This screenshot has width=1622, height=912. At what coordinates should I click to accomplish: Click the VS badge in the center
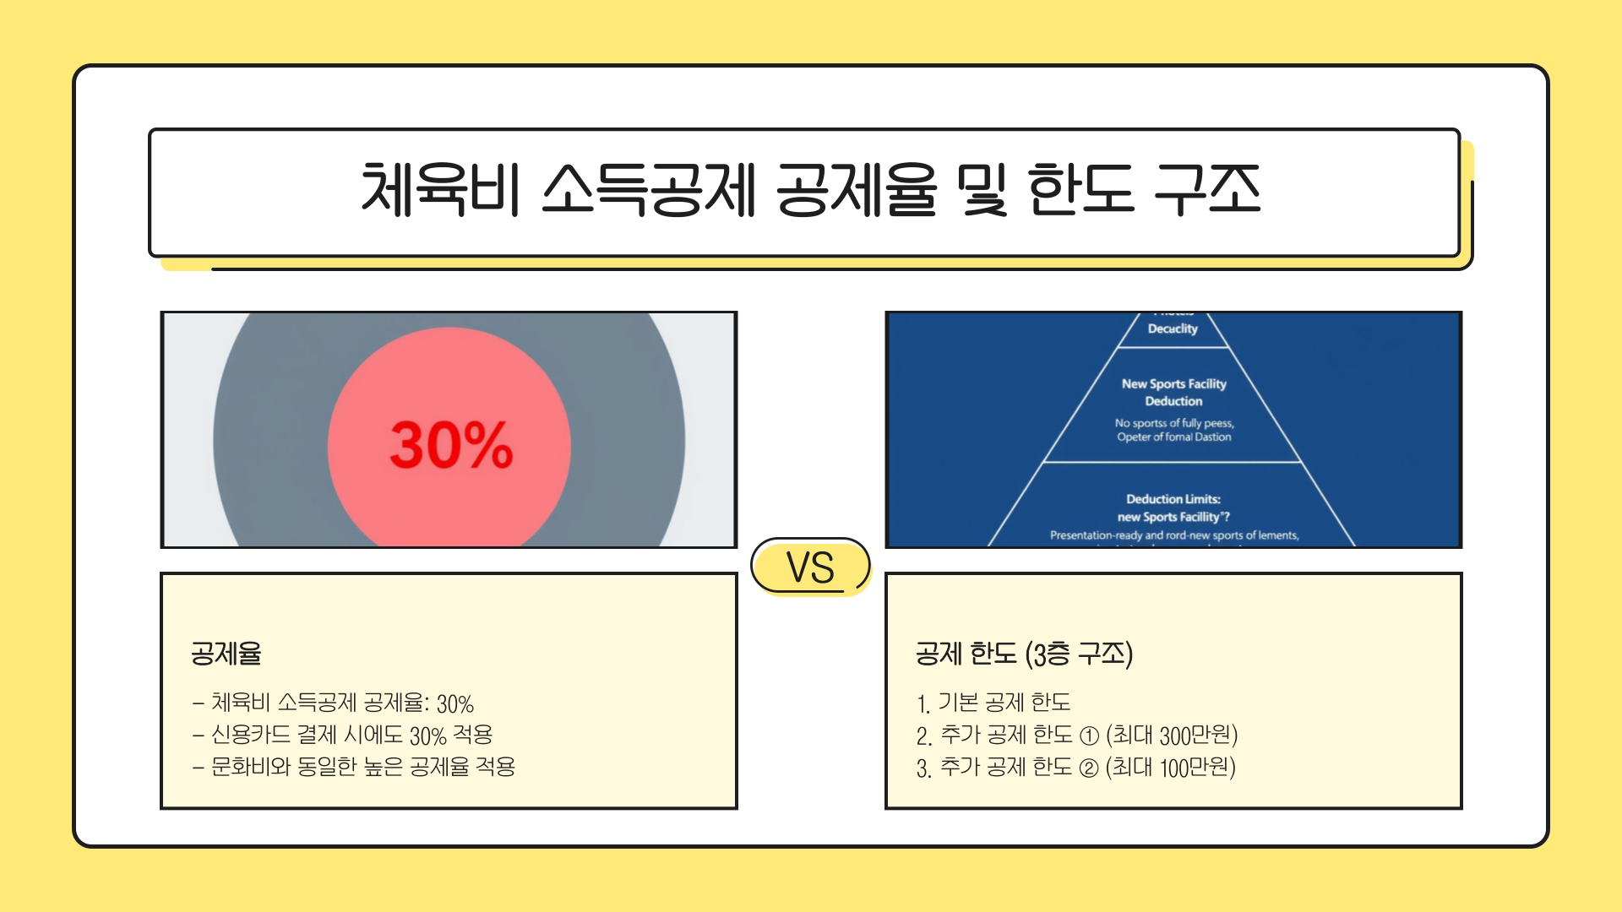[810, 567]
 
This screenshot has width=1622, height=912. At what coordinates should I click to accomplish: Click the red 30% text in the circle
[451, 445]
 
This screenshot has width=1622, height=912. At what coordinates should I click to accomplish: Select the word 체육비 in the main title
[439, 190]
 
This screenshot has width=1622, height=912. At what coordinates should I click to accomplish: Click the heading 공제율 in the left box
[226, 653]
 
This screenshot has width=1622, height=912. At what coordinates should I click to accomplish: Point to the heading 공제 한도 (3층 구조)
[1024, 653]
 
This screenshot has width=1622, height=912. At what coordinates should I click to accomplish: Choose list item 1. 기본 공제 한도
[993, 703]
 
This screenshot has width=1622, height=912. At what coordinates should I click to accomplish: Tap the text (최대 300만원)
[1172, 735]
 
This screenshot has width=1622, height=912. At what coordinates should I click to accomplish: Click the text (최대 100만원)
[1171, 767]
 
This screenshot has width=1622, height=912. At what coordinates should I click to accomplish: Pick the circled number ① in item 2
[1090, 736]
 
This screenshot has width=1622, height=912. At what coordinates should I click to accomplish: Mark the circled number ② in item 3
[1090, 768]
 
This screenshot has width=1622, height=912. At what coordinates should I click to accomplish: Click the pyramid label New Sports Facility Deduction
[1173, 392]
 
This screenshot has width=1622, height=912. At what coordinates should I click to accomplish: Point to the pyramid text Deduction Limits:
[1173, 499]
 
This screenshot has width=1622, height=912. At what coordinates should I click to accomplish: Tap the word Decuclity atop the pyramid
[1173, 328]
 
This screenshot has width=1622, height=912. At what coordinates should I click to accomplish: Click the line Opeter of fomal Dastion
[1173, 437]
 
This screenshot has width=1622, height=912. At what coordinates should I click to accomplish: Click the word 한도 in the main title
[1080, 190]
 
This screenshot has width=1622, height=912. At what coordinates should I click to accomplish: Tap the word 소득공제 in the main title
[648, 190]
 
